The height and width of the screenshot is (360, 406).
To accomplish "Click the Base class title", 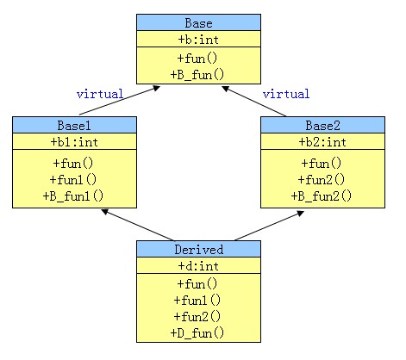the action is click(x=198, y=23).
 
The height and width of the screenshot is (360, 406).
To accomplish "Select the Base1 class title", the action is click(x=74, y=126).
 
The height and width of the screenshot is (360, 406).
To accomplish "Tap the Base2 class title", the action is click(x=322, y=126).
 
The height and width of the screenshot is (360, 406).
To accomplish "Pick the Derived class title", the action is click(x=198, y=250).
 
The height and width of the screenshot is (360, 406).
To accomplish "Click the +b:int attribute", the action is click(x=198, y=40).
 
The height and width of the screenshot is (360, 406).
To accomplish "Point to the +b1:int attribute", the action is click(x=74, y=142).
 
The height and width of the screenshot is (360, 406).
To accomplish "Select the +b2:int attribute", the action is click(x=322, y=142).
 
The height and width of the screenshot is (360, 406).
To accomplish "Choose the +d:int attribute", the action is click(x=198, y=266).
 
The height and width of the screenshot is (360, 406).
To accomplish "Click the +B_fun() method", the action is click(x=197, y=75).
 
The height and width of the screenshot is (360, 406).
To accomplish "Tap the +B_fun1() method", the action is click(x=73, y=196).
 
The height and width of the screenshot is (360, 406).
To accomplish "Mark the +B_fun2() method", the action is click(x=322, y=196).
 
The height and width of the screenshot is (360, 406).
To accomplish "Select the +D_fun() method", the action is click(x=197, y=333).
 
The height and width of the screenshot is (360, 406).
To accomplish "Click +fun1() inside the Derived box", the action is click(x=197, y=301).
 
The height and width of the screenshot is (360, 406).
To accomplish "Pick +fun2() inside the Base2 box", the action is click(x=322, y=180).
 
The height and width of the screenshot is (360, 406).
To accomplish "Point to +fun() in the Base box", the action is click(x=197, y=59).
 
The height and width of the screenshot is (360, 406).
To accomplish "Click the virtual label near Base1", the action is click(x=100, y=94).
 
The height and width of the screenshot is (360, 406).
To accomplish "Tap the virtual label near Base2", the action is click(x=286, y=94).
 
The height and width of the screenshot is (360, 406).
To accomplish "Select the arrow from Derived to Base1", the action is click(x=138, y=225).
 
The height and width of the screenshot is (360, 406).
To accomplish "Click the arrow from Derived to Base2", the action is click(x=269, y=226).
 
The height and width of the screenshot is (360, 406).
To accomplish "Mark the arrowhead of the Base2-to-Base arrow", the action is click(x=226, y=89).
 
